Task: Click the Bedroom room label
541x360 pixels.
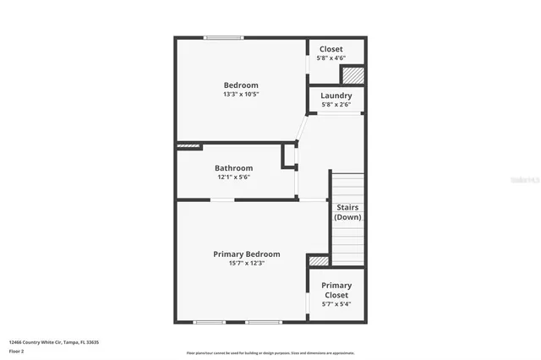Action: coord(241,85)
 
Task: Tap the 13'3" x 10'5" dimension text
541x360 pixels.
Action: coord(241,95)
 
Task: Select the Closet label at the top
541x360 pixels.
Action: coord(331,49)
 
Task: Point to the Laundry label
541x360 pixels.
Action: coord(336,95)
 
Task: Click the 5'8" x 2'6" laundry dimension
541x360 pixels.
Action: coord(336,105)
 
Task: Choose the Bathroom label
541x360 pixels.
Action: coord(233,168)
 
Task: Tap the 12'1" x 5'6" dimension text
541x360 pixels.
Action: coord(233,177)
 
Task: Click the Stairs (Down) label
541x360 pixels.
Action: coord(347,212)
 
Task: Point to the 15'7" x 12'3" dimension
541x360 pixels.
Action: coord(247,263)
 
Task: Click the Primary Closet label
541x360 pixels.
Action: coord(336,291)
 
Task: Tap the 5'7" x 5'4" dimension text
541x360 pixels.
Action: coord(336,304)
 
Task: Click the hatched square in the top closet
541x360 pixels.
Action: coord(352,75)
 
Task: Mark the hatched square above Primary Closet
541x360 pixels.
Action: coord(319,261)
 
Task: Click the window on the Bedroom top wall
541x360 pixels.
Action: coord(223,37)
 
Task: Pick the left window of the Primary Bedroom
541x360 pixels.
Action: coord(209,322)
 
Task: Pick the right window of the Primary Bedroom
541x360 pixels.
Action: coord(262,322)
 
